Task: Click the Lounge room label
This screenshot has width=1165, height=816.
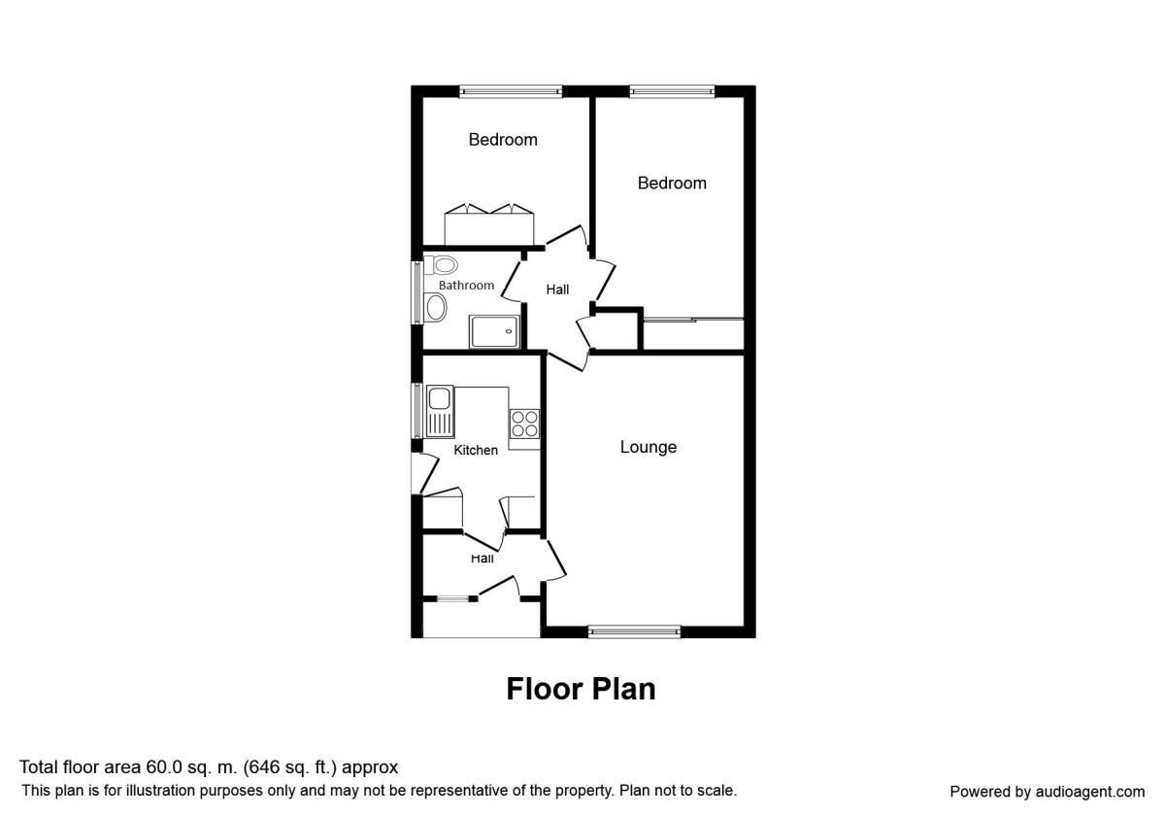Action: [649, 447]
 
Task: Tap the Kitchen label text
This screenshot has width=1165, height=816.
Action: [476, 450]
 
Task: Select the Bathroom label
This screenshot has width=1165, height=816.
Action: [466, 286]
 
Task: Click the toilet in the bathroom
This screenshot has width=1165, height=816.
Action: [441, 265]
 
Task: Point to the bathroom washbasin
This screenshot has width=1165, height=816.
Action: [436, 307]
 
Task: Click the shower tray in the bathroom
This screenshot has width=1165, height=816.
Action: [494, 331]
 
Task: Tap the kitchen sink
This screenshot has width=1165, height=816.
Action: [440, 412]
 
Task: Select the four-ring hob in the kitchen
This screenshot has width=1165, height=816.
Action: [524, 424]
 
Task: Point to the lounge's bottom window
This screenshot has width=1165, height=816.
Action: [634, 631]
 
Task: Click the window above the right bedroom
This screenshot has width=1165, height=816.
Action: [672, 91]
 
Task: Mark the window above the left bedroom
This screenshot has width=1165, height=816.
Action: [511, 91]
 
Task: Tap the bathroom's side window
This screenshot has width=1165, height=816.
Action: [416, 293]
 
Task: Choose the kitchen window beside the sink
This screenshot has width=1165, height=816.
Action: [416, 411]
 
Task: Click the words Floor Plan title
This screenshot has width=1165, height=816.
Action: [581, 689]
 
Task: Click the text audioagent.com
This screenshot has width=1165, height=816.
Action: [1090, 792]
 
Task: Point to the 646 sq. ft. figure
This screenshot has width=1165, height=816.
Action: [291, 767]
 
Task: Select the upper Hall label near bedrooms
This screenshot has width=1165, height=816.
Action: [557, 289]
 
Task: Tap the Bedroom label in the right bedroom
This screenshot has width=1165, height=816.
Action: [672, 184]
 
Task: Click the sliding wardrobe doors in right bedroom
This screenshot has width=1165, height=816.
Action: [694, 320]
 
